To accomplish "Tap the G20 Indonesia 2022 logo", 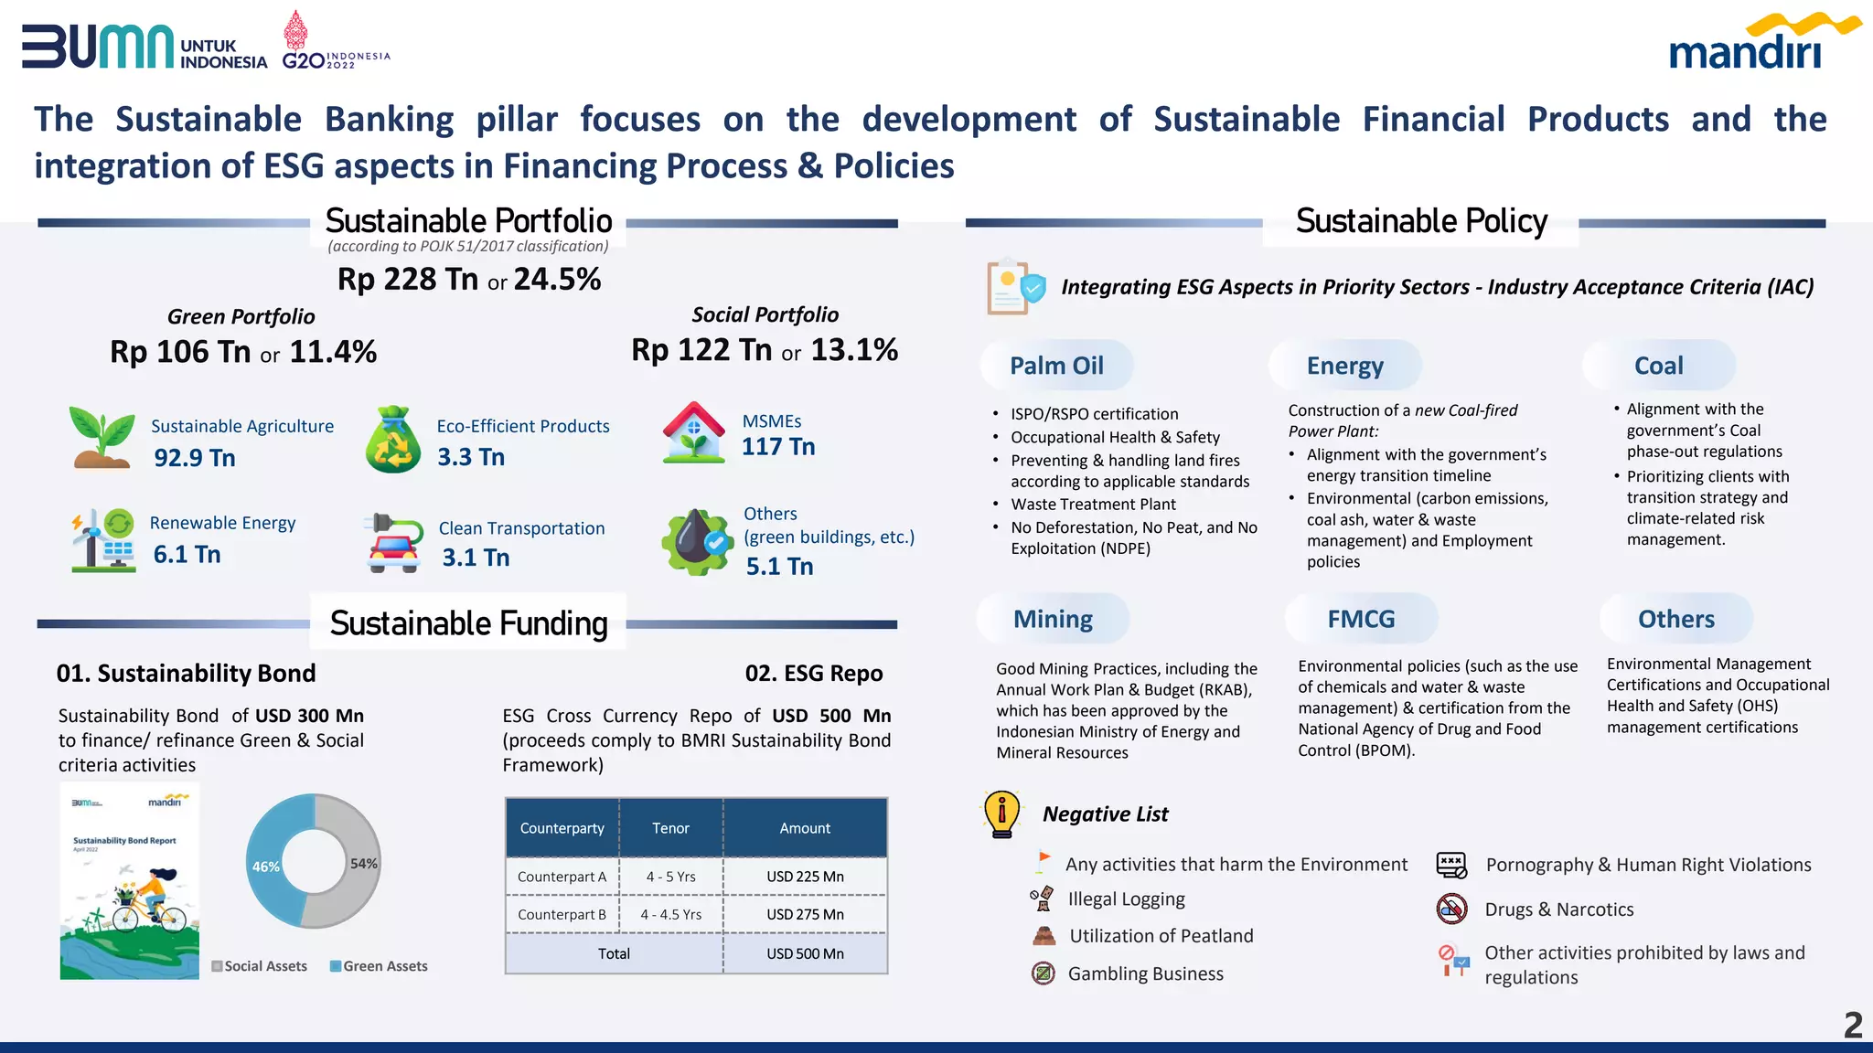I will [334, 42].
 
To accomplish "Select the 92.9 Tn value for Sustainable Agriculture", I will [195, 458].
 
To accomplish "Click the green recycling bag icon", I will [393, 440].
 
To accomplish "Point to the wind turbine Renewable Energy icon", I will [103, 540].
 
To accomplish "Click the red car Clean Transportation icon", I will [394, 543].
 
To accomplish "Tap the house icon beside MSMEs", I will [694, 433].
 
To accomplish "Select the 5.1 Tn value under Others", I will [779, 567].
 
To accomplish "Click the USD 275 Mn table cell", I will [805, 914].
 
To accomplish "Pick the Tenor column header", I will [670, 828].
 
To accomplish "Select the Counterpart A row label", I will [562, 877].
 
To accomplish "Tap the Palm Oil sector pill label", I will [1056, 366].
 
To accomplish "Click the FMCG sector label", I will [1361, 619].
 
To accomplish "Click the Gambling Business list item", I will [1145, 973].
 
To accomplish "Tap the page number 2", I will [1853, 1025].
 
